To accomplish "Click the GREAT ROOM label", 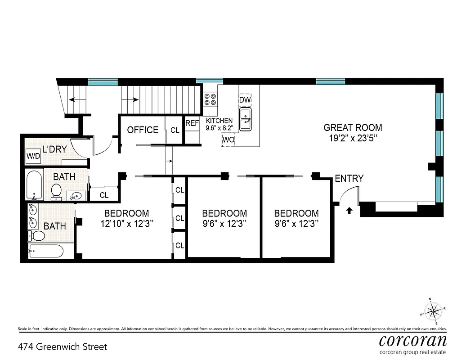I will (353, 127).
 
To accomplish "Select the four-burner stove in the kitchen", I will (210, 99).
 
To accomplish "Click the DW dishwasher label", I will (245, 99).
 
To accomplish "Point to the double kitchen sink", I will (246, 119).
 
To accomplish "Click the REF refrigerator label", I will (192, 123).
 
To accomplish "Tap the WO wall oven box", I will (228, 140).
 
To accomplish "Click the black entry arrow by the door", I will (349, 209).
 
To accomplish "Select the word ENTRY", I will (349, 179).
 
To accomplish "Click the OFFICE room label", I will (143, 130).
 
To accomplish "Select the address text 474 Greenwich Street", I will (63, 347).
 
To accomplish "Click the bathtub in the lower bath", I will (46, 251).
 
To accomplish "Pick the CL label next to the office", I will (175, 130).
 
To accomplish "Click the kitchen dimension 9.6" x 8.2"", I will (219, 128).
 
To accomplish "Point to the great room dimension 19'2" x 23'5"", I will (353, 139).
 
